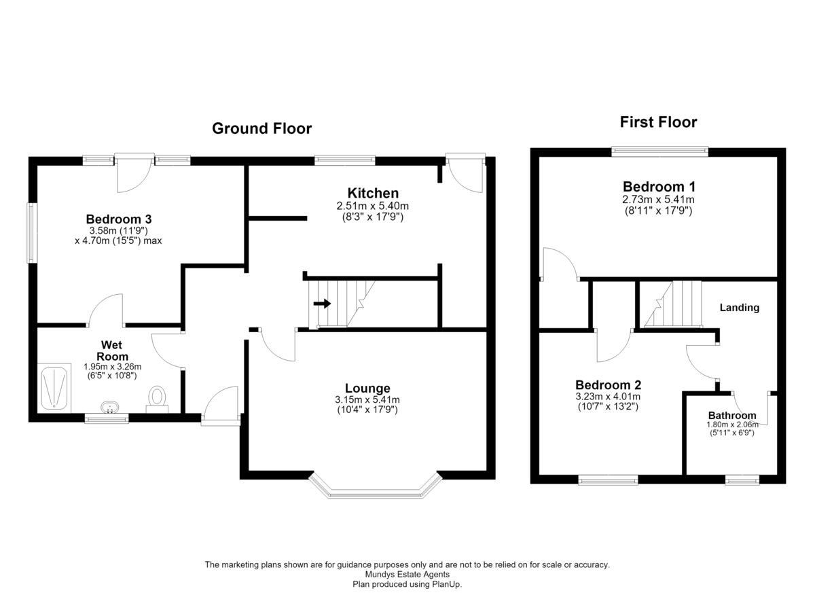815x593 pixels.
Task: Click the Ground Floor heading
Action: point(261,128)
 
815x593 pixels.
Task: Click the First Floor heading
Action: point(658,122)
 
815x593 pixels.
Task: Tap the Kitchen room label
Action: point(373,193)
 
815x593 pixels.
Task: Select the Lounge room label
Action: point(367,388)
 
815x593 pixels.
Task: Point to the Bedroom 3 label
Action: point(119,219)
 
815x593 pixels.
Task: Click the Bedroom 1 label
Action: point(659,187)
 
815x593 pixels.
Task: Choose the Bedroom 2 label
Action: point(608,385)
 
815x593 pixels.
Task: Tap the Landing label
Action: point(740,308)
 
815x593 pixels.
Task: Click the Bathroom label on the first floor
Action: point(732,416)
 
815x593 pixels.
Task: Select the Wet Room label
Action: point(112,351)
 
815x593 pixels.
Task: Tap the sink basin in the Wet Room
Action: point(110,407)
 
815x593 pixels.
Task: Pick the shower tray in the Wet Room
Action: point(54,388)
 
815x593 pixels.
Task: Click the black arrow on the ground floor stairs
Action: point(322,304)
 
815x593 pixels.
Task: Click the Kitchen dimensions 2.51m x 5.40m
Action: point(373,206)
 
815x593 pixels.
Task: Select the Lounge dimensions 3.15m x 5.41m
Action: point(367,400)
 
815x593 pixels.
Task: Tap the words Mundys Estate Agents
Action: point(407,575)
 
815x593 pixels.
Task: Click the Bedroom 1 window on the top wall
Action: point(659,151)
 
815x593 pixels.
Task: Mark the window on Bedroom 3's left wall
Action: point(32,233)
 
